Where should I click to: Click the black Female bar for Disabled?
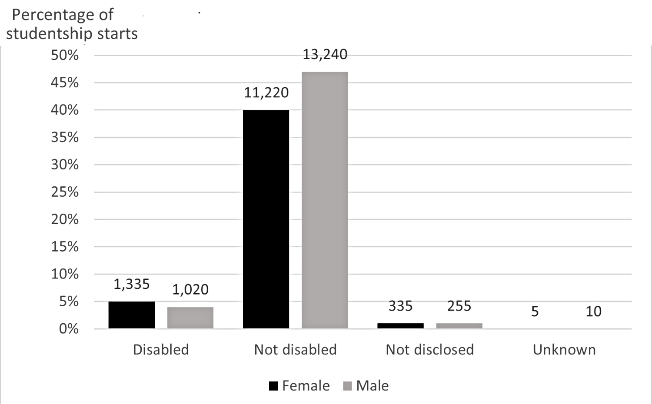tap(132, 315)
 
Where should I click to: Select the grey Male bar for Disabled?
tap(190, 318)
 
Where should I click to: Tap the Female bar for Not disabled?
tap(266, 219)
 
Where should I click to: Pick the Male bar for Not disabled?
tap(325, 200)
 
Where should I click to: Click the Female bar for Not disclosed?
tap(400, 325)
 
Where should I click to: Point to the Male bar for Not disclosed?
tap(459, 325)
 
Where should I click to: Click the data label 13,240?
tap(325, 55)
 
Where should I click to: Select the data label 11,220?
tap(266, 93)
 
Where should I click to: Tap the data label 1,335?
tap(132, 284)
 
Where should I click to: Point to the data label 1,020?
tap(190, 289)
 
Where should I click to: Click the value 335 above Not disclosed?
tap(400, 306)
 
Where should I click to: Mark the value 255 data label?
tap(459, 306)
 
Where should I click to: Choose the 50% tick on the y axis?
tap(65, 55)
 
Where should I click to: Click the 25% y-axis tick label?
tap(65, 192)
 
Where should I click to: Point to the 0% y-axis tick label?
tap(69, 329)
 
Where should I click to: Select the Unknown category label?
tap(564, 350)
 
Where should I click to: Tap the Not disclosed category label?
tap(429, 350)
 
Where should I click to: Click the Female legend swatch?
tap(273, 386)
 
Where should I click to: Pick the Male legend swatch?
tap(347, 386)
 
